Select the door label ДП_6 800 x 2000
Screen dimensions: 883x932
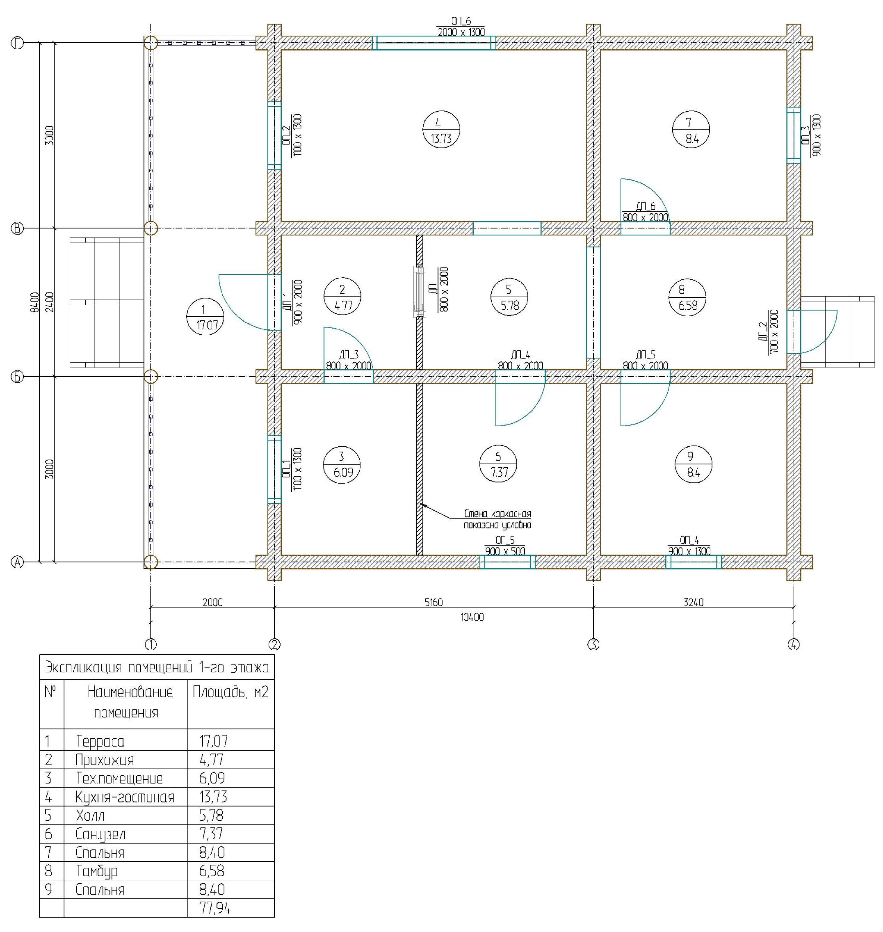645,212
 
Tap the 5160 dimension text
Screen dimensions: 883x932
433,602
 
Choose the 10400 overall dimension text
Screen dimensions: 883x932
472,617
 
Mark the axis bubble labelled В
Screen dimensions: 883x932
17,228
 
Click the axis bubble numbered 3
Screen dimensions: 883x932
593,644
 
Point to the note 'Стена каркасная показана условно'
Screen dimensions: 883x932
497,519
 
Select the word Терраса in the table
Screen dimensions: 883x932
100,741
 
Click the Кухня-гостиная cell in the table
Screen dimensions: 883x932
125,797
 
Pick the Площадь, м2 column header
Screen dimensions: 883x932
230,692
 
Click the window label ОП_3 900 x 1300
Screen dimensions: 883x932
810,135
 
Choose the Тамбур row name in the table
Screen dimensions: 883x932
96,871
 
